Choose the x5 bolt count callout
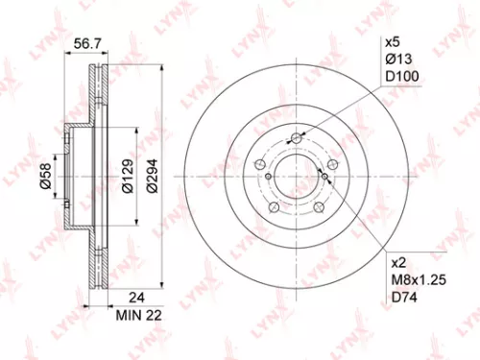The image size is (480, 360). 391,43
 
